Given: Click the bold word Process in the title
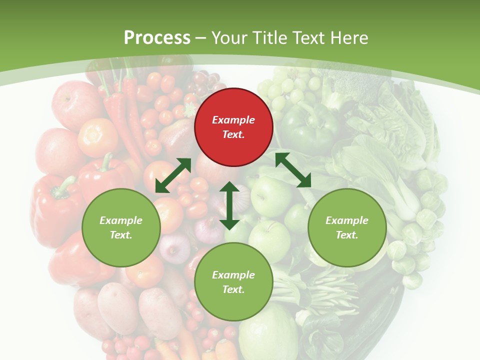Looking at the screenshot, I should (157, 38).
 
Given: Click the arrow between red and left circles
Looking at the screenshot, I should (173, 175).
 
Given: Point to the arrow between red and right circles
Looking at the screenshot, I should (293, 170).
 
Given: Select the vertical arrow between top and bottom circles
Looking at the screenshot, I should (229, 205).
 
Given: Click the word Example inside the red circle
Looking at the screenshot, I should (233, 120).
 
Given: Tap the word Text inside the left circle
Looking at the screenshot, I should (120, 235).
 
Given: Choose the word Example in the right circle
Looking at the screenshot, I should (347, 220).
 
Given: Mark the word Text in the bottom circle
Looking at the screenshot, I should (233, 289).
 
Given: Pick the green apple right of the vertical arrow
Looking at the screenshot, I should (270, 195).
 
